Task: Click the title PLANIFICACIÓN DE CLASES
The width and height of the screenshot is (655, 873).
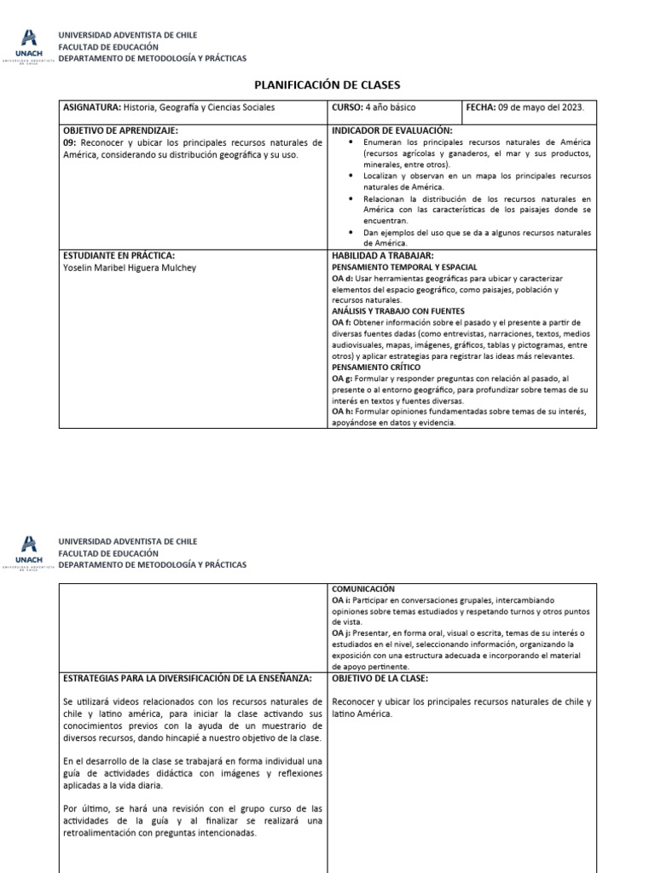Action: pos(327,85)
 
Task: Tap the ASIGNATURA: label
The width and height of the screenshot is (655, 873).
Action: pos(93,108)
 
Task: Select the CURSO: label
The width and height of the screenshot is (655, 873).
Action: pos(347,108)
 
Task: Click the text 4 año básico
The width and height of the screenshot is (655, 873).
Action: pos(391,108)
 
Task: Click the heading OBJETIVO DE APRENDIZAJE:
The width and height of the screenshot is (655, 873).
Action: pos(120,130)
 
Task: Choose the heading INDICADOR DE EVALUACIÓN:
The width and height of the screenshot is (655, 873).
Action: pos(391,130)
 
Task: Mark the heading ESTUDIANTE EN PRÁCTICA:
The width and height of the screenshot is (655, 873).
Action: pos(119,256)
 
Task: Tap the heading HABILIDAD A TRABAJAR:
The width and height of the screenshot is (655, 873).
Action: pos(383,256)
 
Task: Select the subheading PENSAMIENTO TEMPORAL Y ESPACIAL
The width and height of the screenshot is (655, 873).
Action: pos(404,267)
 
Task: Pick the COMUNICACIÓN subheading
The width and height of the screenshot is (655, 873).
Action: pos(362,589)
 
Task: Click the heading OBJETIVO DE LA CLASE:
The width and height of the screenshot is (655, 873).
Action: pos(380,678)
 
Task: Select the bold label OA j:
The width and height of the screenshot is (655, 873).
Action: pos(341,633)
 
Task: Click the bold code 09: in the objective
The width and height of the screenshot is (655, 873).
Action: pos(70,142)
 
